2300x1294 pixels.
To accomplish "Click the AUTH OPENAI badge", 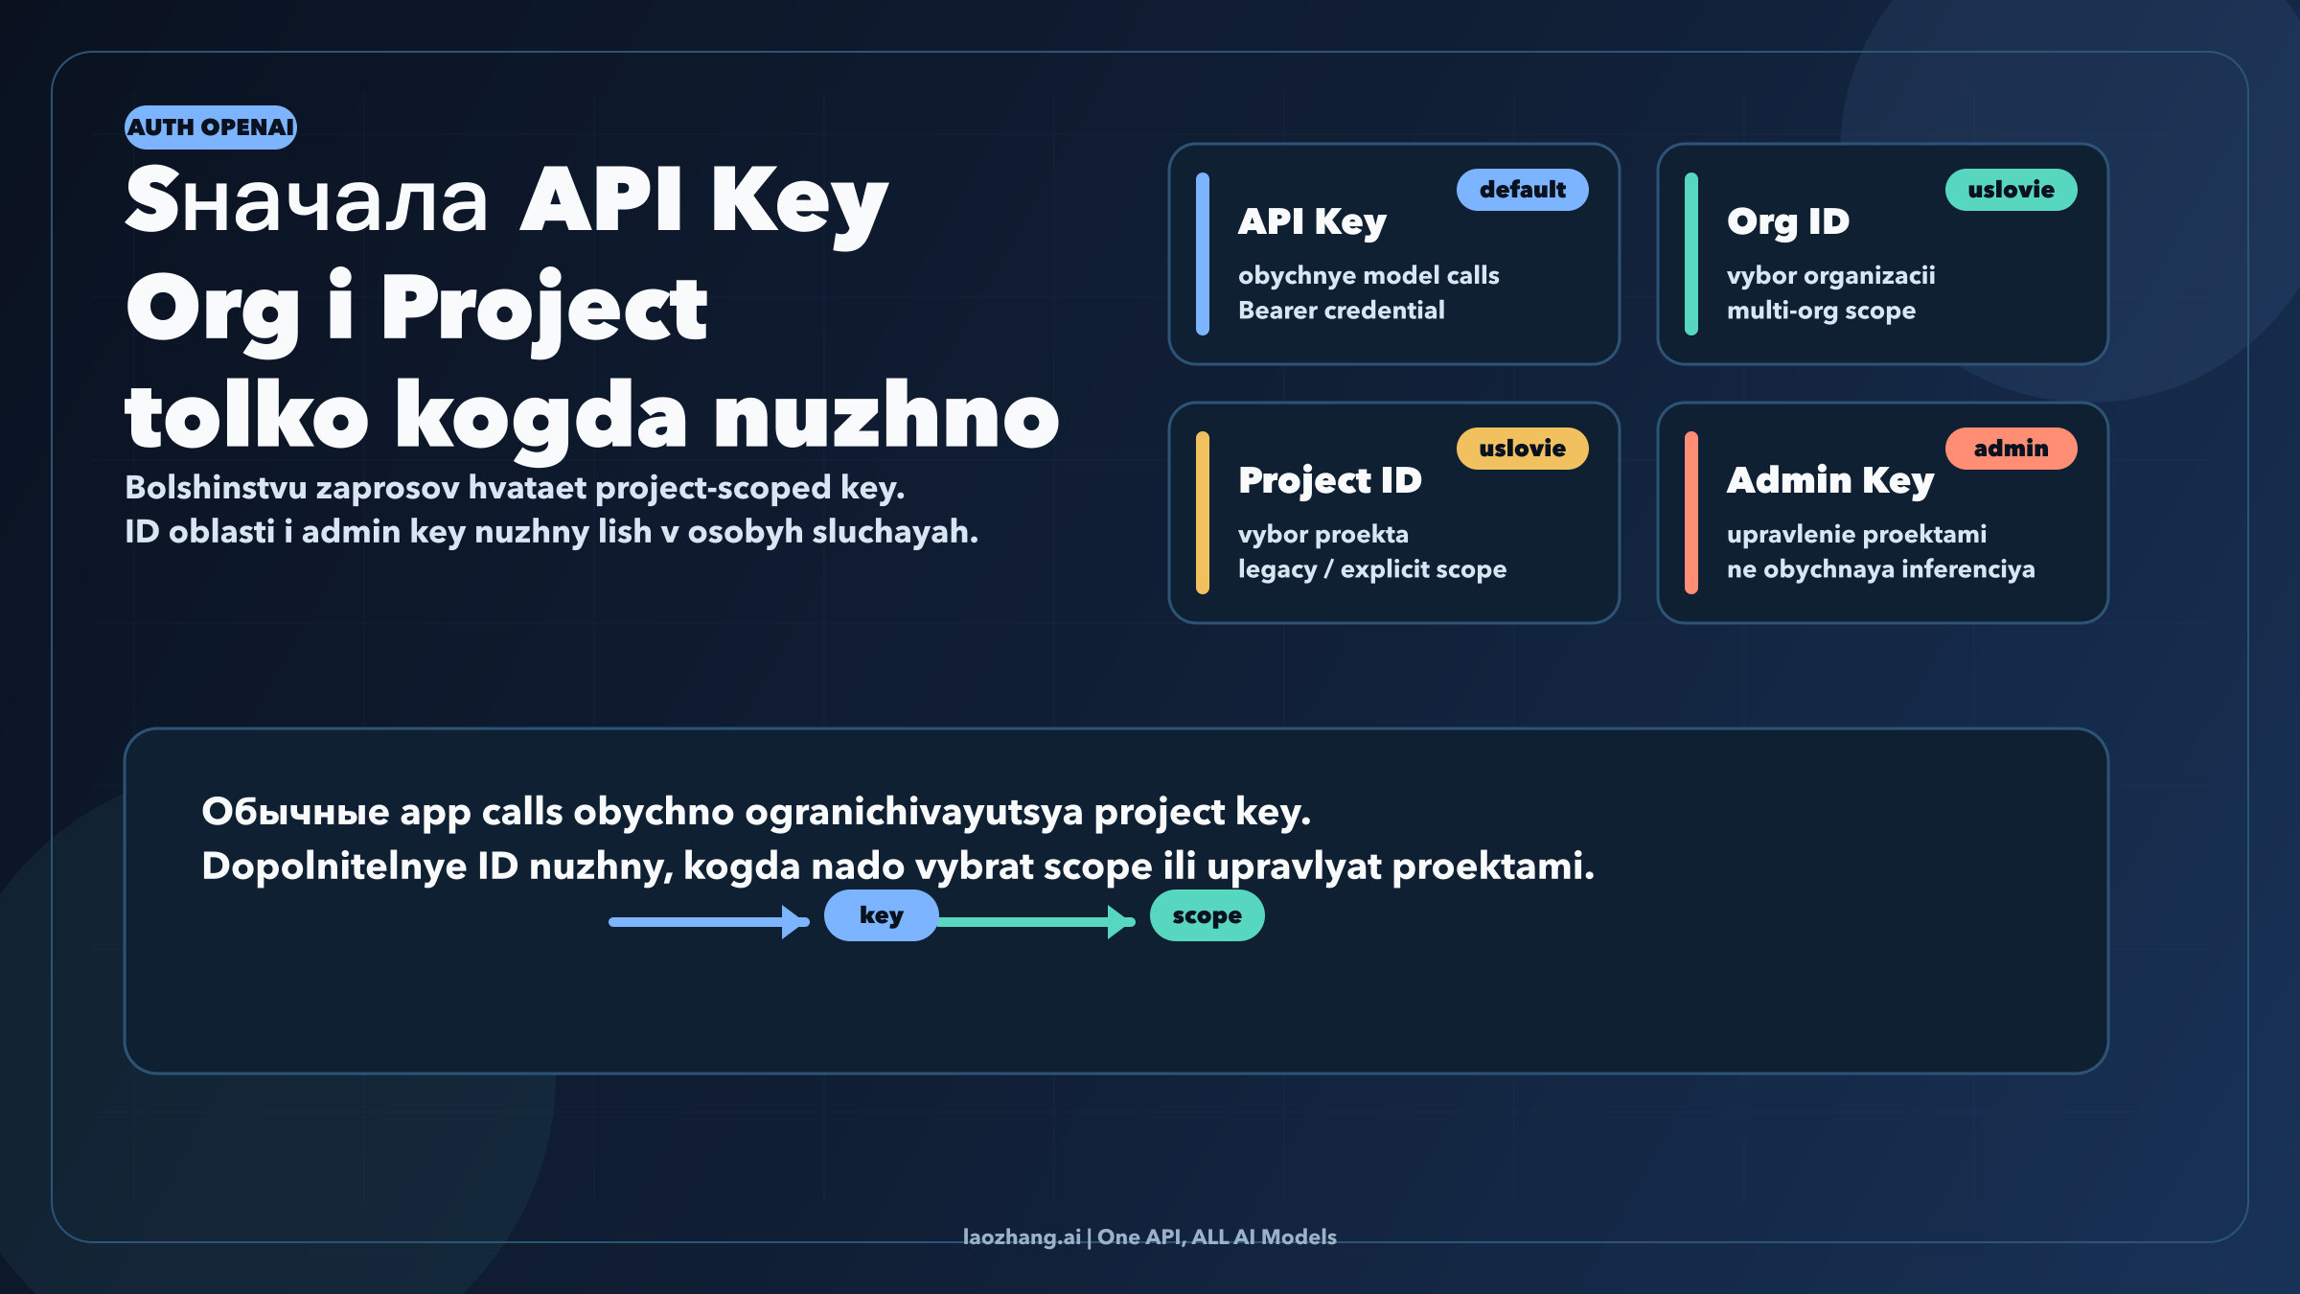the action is (211, 127).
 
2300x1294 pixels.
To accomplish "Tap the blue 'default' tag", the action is (1522, 190).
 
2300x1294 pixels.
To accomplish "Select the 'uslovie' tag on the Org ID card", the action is (2011, 190).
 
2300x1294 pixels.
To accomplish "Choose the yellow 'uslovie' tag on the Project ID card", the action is (1522, 449).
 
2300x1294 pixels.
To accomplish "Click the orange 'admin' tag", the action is (2011, 449).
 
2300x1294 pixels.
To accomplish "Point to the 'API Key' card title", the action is (1312, 222).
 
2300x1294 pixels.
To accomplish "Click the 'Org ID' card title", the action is (1788, 222).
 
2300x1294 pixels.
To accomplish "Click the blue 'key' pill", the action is (881, 915).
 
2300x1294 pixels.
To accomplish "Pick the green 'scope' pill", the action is (1207, 915).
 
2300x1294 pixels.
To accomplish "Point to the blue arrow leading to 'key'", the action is (709, 922).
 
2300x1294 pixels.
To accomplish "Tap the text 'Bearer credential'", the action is (1341, 311).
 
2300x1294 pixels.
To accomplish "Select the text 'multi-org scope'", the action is (1821, 312).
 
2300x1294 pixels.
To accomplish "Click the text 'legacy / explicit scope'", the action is (1372, 570).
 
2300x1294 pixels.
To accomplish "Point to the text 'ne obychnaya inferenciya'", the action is (1880, 570).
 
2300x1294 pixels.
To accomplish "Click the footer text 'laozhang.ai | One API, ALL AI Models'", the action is (1149, 1237).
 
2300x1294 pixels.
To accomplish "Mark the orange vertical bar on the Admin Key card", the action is (1691, 513).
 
